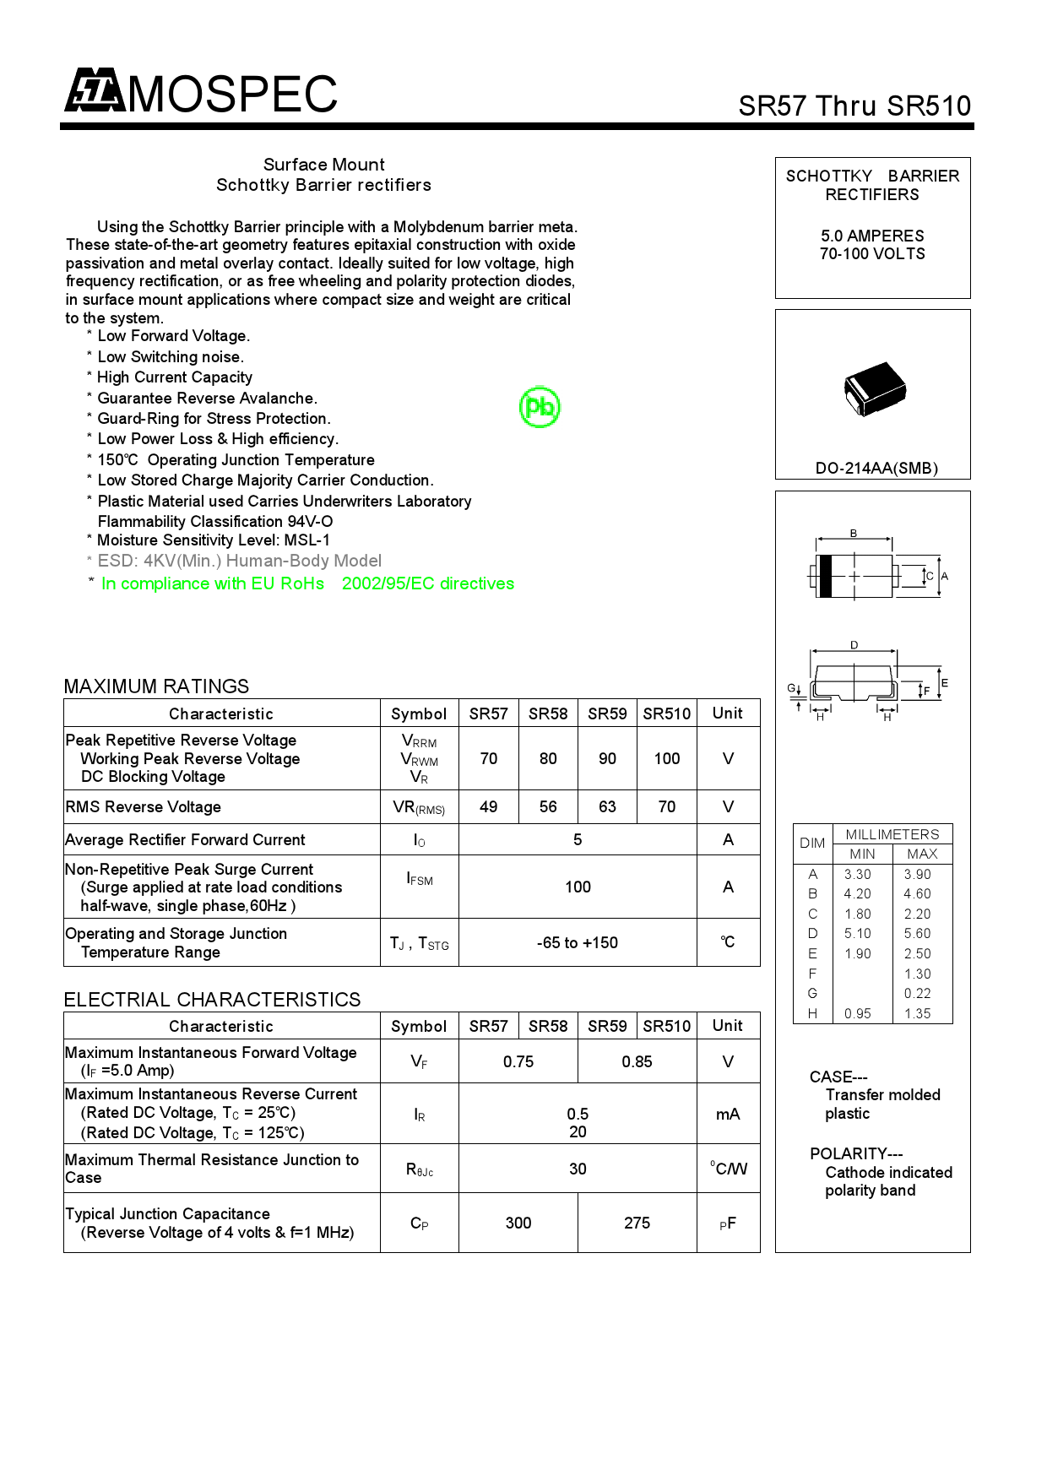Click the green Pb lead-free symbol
(540, 407)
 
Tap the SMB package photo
(875, 389)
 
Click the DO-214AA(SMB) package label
(876, 469)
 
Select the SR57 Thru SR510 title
(854, 106)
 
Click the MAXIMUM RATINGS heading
(157, 686)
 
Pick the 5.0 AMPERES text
(872, 236)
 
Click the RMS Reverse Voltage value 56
(548, 807)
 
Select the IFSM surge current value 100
(578, 887)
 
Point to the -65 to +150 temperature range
(578, 943)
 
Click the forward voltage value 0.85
(637, 1062)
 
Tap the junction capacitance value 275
(637, 1223)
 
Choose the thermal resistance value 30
(578, 1169)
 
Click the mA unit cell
(728, 1115)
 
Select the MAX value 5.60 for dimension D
(917, 934)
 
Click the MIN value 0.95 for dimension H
(858, 1014)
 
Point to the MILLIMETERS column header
(892, 834)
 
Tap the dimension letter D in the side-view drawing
(854, 645)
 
